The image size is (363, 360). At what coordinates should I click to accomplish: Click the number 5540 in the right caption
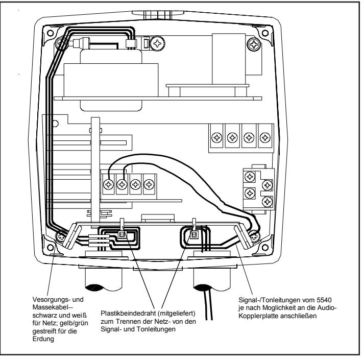pos(324,300)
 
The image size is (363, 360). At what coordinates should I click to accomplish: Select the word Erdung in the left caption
pos(43,339)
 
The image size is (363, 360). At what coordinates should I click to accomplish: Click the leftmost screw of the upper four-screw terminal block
pos(217,138)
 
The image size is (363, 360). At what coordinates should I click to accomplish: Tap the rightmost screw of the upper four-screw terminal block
pos(265,138)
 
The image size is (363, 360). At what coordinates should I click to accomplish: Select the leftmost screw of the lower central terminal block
pos(108,184)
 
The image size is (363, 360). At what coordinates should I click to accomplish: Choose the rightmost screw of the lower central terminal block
pos(149,184)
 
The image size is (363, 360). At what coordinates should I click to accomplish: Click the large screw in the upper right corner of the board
pos(254,44)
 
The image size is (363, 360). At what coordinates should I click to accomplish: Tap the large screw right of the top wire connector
pos(157,43)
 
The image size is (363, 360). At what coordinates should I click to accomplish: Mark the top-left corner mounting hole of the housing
pos(50,33)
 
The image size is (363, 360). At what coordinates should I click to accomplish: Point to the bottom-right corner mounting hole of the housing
pos(265,247)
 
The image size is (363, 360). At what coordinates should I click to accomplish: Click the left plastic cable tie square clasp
pos(122,235)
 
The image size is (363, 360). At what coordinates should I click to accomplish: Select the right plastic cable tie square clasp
pos(194,235)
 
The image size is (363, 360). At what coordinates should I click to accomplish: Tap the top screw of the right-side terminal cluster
pos(250,177)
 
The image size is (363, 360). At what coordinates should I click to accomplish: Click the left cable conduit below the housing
pos(104,278)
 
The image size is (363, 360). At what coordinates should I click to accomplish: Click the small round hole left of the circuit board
pos(55,124)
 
